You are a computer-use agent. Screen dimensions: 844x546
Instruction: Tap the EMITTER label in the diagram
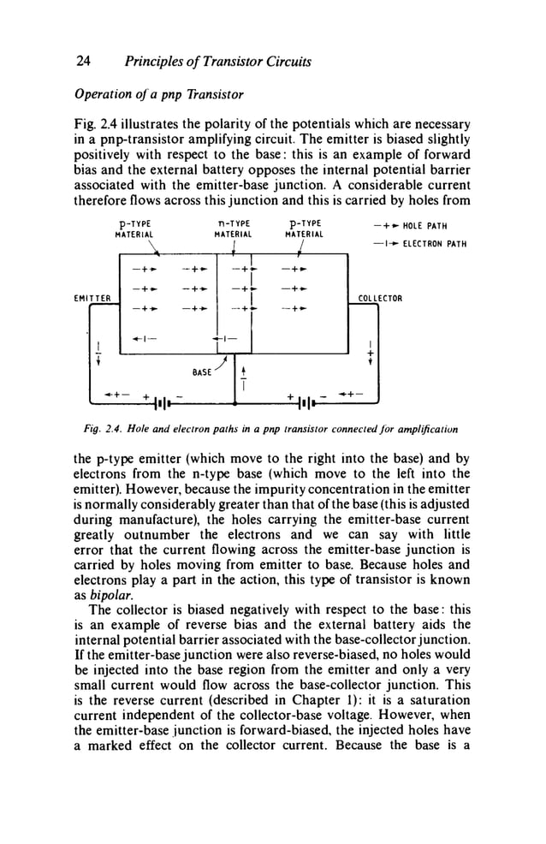pos(92,298)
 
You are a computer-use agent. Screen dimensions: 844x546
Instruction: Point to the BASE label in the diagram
pos(203,373)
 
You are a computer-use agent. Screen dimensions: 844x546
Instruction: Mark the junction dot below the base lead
pos(234,401)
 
